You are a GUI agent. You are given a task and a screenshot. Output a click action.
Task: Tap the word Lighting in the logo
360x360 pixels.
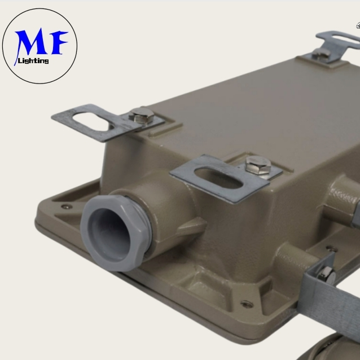click(33, 61)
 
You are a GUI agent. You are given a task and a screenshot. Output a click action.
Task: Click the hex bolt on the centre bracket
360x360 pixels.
click(258, 165)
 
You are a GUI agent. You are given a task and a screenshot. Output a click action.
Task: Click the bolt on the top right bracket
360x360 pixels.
click(322, 54)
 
